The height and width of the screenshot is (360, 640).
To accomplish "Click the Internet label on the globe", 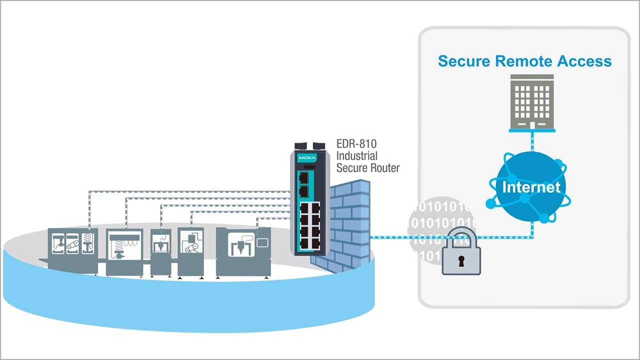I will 531,187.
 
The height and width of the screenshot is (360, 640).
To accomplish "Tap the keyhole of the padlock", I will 461,260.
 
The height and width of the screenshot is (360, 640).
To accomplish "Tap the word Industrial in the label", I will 356,156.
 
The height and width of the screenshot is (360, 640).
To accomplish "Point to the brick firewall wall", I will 350,220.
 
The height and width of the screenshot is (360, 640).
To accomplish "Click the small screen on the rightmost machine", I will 262,242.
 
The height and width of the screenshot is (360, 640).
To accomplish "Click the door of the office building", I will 531,124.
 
